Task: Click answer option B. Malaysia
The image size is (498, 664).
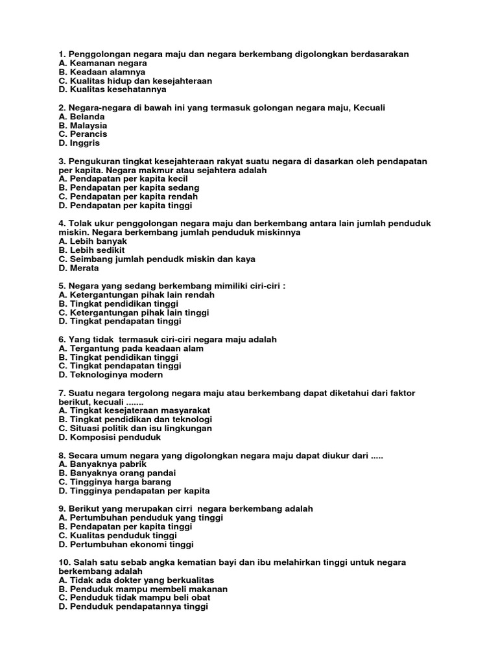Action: (82, 125)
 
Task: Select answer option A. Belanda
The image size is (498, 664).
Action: (81, 117)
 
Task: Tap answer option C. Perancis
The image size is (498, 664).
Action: (82, 134)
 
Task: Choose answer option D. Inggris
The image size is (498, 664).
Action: (79, 143)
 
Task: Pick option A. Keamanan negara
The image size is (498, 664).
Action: (102, 64)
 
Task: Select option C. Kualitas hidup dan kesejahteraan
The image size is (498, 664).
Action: (135, 81)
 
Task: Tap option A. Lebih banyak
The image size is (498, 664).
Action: (92, 241)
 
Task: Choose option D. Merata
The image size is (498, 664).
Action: (78, 268)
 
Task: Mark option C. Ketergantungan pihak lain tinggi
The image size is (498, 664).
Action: (134, 313)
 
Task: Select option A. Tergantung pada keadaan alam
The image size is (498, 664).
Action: (131, 348)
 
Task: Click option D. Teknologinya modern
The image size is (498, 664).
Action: (110, 375)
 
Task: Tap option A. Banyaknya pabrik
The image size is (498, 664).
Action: (102, 464)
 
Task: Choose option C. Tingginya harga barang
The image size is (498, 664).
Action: (115, 482)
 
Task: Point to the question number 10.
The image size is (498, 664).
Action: (64, 562)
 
